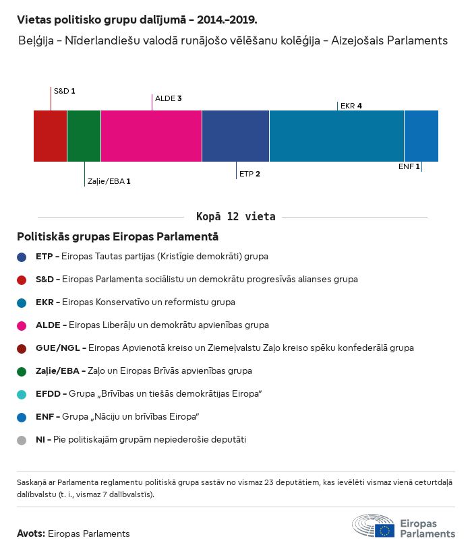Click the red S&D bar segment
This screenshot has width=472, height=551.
pos(50,136)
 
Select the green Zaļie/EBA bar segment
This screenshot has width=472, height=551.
pos(84,136)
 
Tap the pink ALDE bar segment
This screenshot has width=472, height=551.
pos(151,136)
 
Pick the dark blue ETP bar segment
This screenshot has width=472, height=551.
pos(235,136)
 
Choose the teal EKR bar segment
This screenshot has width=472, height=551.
pos(336,136)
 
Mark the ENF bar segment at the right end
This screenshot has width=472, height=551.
pos(421,136)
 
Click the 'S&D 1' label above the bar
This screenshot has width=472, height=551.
pos(64,90)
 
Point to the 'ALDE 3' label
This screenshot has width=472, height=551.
pos(169,98)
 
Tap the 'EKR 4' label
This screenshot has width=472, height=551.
pos(351,106)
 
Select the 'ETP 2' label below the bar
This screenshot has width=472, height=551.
pos(249,174)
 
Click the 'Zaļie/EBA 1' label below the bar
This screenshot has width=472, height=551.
pos(109,181)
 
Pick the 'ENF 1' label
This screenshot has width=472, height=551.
pos(409,166)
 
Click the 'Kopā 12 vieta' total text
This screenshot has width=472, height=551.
pos(235,217)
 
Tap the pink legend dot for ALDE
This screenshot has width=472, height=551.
pos(22,325)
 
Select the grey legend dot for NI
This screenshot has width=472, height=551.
pos(22,440)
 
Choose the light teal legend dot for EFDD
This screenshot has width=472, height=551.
pos(22,394)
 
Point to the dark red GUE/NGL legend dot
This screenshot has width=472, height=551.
pos(22,348)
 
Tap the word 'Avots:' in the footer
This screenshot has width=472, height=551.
pos(31,533)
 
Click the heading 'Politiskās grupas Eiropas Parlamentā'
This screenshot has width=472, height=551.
pos(117,237)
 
